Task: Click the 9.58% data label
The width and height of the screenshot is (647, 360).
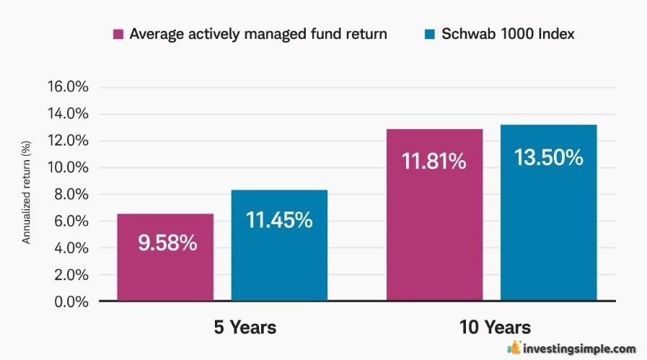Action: [x=167, y=242]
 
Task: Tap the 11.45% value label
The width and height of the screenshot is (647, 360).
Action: [x=279, y=219]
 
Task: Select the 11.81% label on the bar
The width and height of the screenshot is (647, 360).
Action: [x=433, y=161]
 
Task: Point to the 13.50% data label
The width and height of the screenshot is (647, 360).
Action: [x=549, y=157]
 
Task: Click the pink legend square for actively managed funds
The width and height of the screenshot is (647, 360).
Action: [x=118, y=34]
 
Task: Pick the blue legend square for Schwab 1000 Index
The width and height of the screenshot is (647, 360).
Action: [x=430, y=34]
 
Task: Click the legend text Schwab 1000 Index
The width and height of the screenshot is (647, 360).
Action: [x=508, y=34]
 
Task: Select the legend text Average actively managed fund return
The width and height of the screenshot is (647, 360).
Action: [x=258, y=34]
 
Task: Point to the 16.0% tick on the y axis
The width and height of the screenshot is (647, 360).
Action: [x=68, y=87]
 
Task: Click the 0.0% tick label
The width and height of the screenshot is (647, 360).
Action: [x=71, y=302]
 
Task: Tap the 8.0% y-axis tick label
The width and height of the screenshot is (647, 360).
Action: [x=71, y=194]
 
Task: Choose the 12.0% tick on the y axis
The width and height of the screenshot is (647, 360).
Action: [x=68, y=141]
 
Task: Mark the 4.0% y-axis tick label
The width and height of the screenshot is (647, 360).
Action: [x=71, y=248]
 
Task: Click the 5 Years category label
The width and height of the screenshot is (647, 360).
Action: [x=245, y=328]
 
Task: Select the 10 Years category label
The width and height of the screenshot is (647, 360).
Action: [x=495, y=328]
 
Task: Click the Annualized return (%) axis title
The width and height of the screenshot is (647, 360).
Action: [x=26, y=193]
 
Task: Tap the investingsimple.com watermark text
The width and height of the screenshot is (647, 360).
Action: [x=579, y=349]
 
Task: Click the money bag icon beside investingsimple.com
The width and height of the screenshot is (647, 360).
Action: [x=514, y=347]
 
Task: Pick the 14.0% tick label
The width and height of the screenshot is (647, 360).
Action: [x=68, y=113]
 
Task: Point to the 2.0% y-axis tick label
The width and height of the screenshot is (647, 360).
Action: [x=71, y=275]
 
